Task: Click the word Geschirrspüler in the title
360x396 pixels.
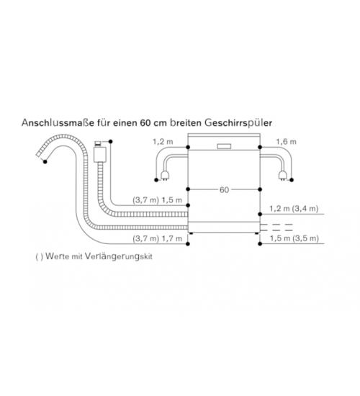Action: click(x=238, y=123)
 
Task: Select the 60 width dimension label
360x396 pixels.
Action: click(x=224, y=189)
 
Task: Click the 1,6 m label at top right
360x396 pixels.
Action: click(x=286, y=142)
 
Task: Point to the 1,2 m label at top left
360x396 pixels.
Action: click(x=163, y=142)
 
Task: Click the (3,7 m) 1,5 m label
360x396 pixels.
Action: click(x=158, y=200)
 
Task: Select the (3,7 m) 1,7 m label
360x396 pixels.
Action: click(x=158, y=238)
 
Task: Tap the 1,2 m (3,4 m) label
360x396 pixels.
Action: click(x=294, y=209)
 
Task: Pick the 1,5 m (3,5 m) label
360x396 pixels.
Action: click(x=294, y=238)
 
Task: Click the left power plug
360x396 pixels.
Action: click(x=165, y=175)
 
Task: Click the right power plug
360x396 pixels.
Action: click(x=282, y=175)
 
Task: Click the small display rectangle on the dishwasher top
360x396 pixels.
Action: click(x=224, y=146)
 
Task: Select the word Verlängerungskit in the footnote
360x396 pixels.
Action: click(x=119, y=256)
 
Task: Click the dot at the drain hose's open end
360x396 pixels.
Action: click(x=45, y=161)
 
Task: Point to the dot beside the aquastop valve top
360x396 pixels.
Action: click(x=110, y=142)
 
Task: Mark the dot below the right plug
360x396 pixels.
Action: click(x=292, y=180)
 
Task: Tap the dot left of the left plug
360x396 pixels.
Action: click(x=156, y=180)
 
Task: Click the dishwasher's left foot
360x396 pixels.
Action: click(x=192, y=233)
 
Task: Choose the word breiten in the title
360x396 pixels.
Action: click(x=186, y=122)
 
